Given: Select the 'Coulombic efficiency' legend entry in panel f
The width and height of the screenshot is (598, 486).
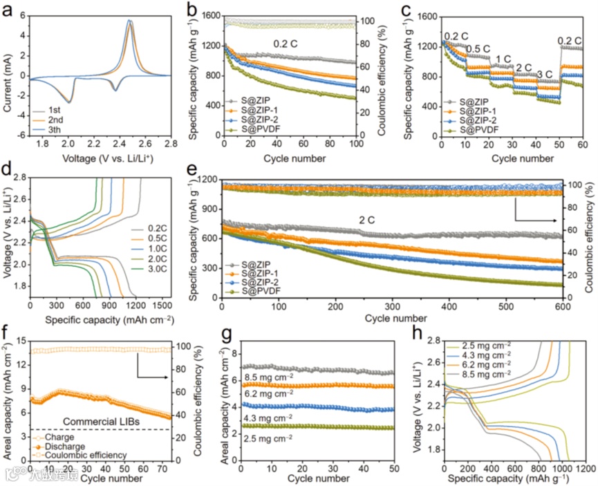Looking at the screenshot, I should pyautogui.click(x=82, y=454).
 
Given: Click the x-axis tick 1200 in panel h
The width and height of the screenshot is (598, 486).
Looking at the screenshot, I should pyautogui.click(x=585, y=468).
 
